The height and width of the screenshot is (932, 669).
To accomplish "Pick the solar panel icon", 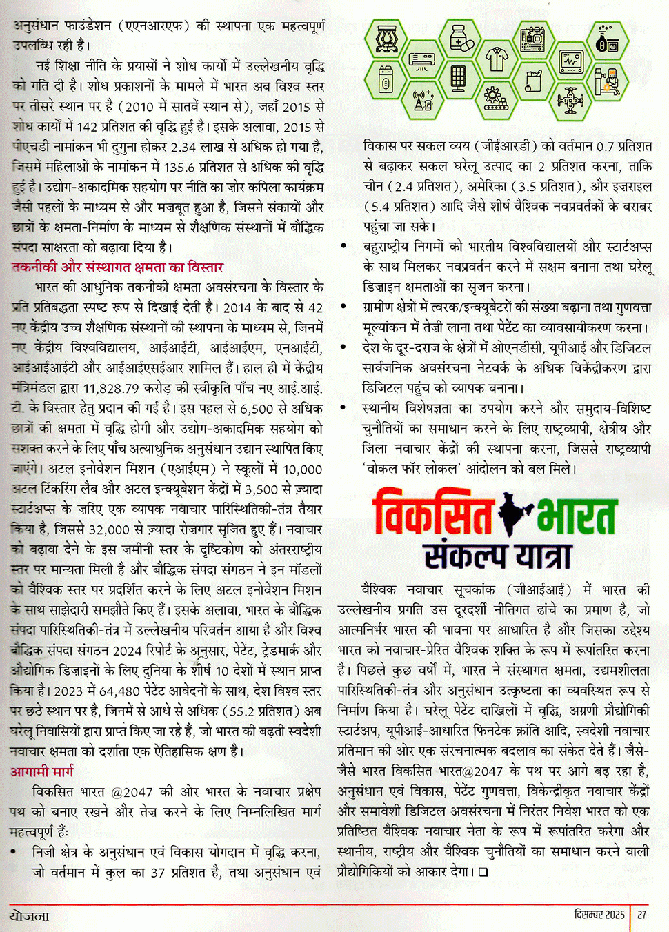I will point(459,79).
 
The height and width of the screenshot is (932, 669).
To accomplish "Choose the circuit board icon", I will point(533,39).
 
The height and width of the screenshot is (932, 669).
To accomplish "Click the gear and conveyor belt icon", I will point(495,99).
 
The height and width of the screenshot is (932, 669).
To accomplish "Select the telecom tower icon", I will point(422,101).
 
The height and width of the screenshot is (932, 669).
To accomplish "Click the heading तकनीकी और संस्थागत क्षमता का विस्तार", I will point(117,267).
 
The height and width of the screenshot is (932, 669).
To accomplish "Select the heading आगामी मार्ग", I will point(41,771).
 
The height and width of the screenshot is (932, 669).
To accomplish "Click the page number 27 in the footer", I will point(642,914).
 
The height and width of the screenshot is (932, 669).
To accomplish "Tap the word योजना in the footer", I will point(30,915).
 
